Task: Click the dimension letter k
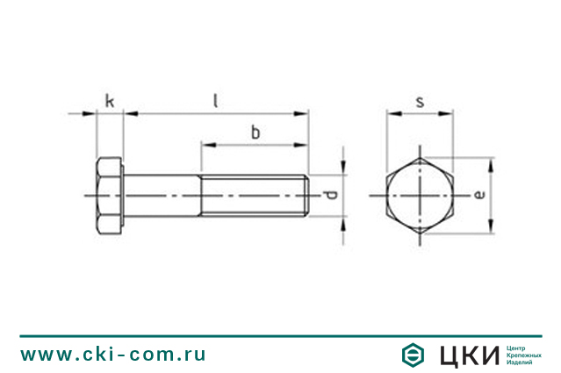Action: tap(109, 100)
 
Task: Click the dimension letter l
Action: tap(215, 100)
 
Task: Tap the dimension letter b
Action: tap(255, 133)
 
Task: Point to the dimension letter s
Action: tap(420, 102)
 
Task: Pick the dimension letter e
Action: tap(478, 195)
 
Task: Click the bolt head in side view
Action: tap(109, 195)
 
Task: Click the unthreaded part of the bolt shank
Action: tap(162, 195)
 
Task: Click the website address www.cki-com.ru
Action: tap(113, 354)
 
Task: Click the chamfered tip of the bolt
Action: tap(306, 195)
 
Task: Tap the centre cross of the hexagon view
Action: tap(421, 195)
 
